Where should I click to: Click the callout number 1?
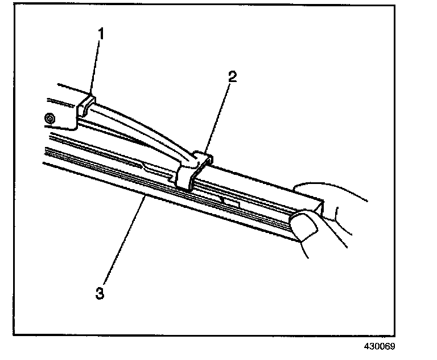101,34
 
